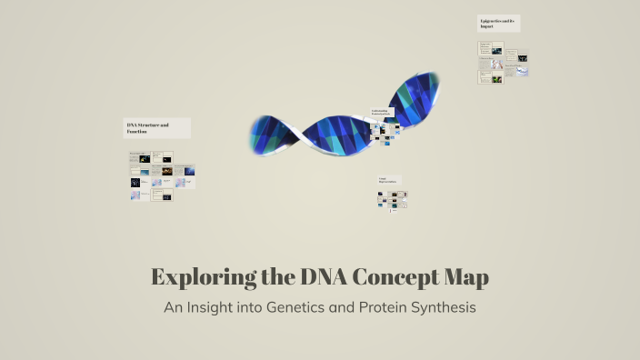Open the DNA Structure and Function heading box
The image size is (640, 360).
pos(157,128)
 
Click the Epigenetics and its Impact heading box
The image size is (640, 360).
pos(498,24)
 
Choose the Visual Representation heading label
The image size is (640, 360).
pos(389,181)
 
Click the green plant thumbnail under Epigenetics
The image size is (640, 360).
pos(497,79)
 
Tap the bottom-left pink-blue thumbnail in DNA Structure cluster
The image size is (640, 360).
pos(135,195)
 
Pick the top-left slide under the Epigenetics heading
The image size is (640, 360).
pos(485,47)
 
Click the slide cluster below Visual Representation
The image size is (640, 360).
pos(393,200)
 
